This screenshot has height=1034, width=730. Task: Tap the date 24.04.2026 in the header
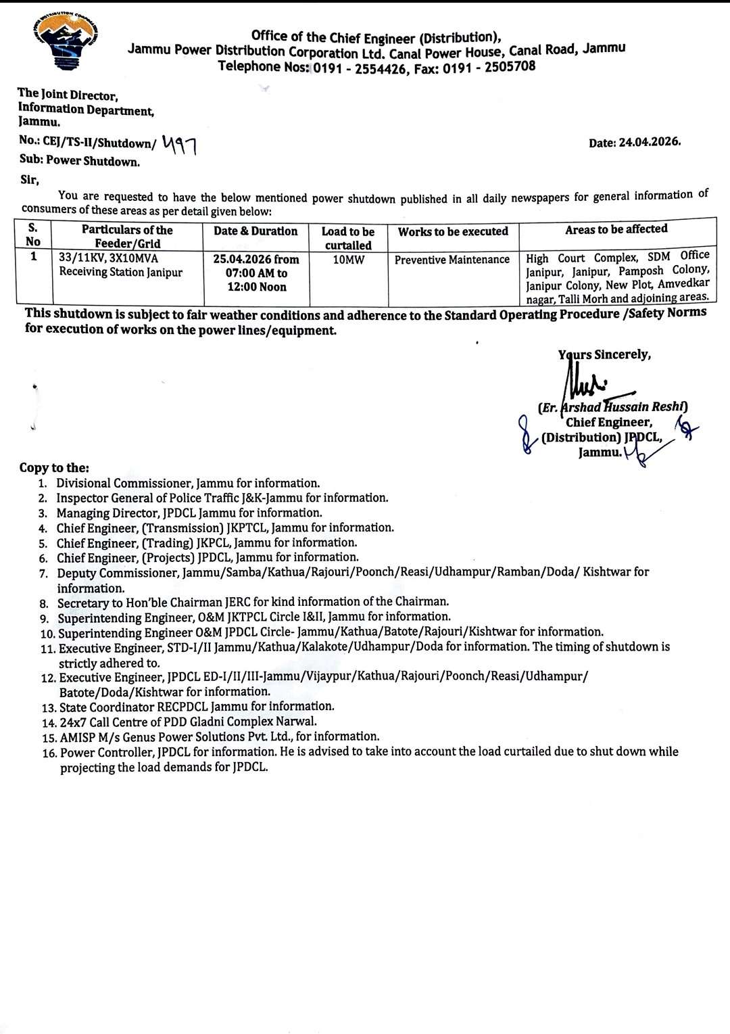(649, 142)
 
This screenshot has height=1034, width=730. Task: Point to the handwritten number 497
(179, 143)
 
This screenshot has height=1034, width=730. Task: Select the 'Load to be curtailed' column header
(347, 238)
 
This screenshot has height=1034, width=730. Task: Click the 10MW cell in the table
(348, 260)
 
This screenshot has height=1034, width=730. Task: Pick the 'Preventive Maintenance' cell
(452, 260)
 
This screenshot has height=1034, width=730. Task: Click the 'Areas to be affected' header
(616, 229)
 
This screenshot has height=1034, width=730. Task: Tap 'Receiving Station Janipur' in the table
(120, 272)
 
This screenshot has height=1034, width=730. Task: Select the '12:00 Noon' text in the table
(256, 287)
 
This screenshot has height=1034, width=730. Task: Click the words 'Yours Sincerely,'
(604, 355)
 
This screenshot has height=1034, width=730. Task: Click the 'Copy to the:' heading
(54, 468)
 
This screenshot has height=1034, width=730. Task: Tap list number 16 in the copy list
(49, 753)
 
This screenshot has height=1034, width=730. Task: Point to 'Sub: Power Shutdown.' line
(80, 161)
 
